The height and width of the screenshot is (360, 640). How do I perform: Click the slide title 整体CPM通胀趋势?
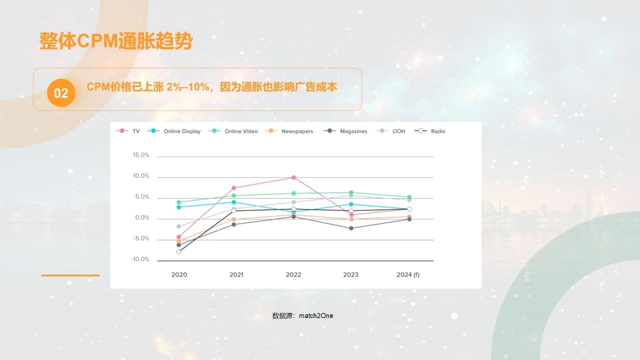tap(115, 41)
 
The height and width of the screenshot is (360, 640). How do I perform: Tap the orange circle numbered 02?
tap(61, 93)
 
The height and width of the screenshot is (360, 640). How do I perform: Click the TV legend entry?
tap(128, 131)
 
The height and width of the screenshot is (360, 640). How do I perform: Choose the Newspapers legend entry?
tap(291, 131)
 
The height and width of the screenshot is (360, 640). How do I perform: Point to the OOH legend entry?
tap(392, 131)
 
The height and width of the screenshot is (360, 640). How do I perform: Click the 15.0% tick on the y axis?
tap(141, 155)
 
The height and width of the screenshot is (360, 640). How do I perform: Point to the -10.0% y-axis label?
tap(140, 259)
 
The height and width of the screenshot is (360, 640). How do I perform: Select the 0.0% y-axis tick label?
tap(141, 218)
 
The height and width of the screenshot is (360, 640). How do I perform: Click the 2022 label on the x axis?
tap(293, 274)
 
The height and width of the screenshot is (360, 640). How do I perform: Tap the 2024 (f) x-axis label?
tap(408, 274)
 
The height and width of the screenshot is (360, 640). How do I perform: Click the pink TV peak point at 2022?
tap(293, 177)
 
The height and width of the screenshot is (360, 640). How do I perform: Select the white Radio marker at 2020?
tap(178, 251)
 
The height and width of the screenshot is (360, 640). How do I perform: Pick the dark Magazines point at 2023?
tap(351, 228)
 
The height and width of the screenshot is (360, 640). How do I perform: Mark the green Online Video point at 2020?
tap(178, 202)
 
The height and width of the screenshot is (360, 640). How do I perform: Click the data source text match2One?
tap(302, 315)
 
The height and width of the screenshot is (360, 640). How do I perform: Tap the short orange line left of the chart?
tap(70, 275)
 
